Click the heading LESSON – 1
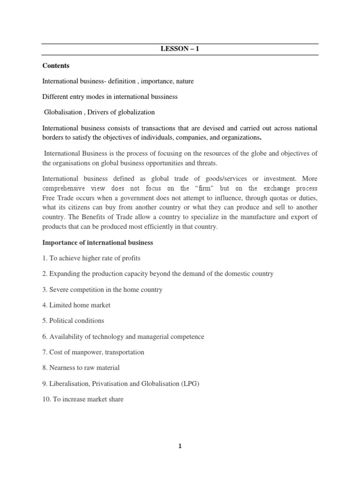pyautogui.click(x=180, y=48)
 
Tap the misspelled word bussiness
pyautogui.click(x=163, y=97)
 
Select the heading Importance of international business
pyautogui.click(x=97, y=243)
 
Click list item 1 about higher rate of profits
pyautogui.click(x=91, y=258)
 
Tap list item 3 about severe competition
pyautogui.click(x=102, y=290)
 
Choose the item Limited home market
pyautogui.click(x=76, y=305)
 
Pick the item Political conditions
pyautogui.click(x=73, y=321)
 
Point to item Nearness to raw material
pyautogui.click(x=81, y=368)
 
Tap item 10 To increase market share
pyautogui.click(x=83, y=399)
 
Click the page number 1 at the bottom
pyautogui.click(x=180, y=446)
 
